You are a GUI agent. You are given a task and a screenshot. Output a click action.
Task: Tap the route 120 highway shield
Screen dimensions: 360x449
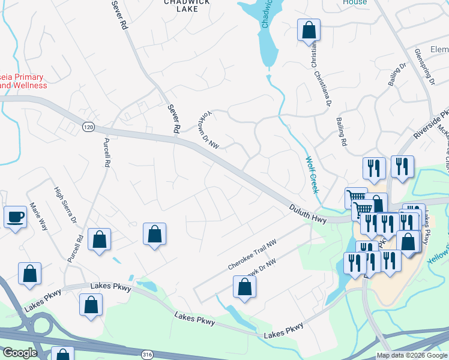(88, 127)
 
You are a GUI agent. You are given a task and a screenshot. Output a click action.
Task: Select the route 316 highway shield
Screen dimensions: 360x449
(147, 355)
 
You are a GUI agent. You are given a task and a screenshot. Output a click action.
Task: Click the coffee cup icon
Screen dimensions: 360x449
(16, 217)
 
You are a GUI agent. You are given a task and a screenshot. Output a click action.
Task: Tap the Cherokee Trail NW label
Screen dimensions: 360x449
(251, 256)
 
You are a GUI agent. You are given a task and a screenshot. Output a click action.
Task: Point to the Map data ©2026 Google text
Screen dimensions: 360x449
(412, 356)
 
